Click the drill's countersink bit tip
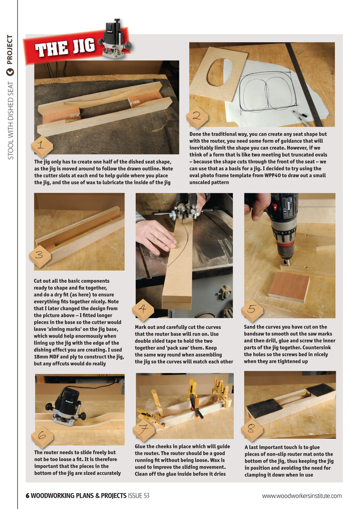click(x=286, y=262)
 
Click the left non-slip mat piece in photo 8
click(x=265, y=408)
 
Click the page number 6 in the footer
click(x=27, y=495)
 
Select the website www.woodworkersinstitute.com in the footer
click(x=302, y=495)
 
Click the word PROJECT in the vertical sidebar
click(x=10, y=50)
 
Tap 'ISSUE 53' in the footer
click(x=138, y=495)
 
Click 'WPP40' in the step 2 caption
click(x=281, y=175)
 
